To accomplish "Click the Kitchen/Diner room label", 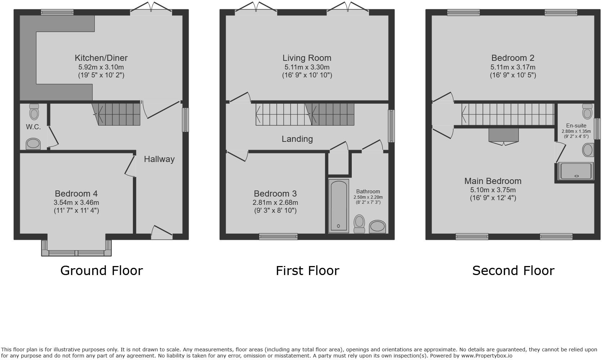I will coord(101,58).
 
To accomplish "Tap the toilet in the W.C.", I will coord(34,112).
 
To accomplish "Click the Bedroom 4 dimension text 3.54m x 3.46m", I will coord(76,203).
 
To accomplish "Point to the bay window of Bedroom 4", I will coord(76,252).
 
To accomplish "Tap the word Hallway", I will coord(159,159).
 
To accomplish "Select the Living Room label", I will coord(307,58).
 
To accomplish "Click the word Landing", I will coord(297,139).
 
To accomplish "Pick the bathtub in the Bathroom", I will coord(339,205).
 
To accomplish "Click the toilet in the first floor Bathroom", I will coord(359,224).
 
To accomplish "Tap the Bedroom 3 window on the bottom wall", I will coord(278,237).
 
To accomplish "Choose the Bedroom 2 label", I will coord(513,58).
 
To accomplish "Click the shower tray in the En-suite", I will coord(575,171).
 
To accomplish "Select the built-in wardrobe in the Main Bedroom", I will coord(503,135).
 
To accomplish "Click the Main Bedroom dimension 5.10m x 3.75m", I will coord(493,190).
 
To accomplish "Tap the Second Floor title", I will coord(513,270).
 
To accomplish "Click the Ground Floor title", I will coord(102,270).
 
